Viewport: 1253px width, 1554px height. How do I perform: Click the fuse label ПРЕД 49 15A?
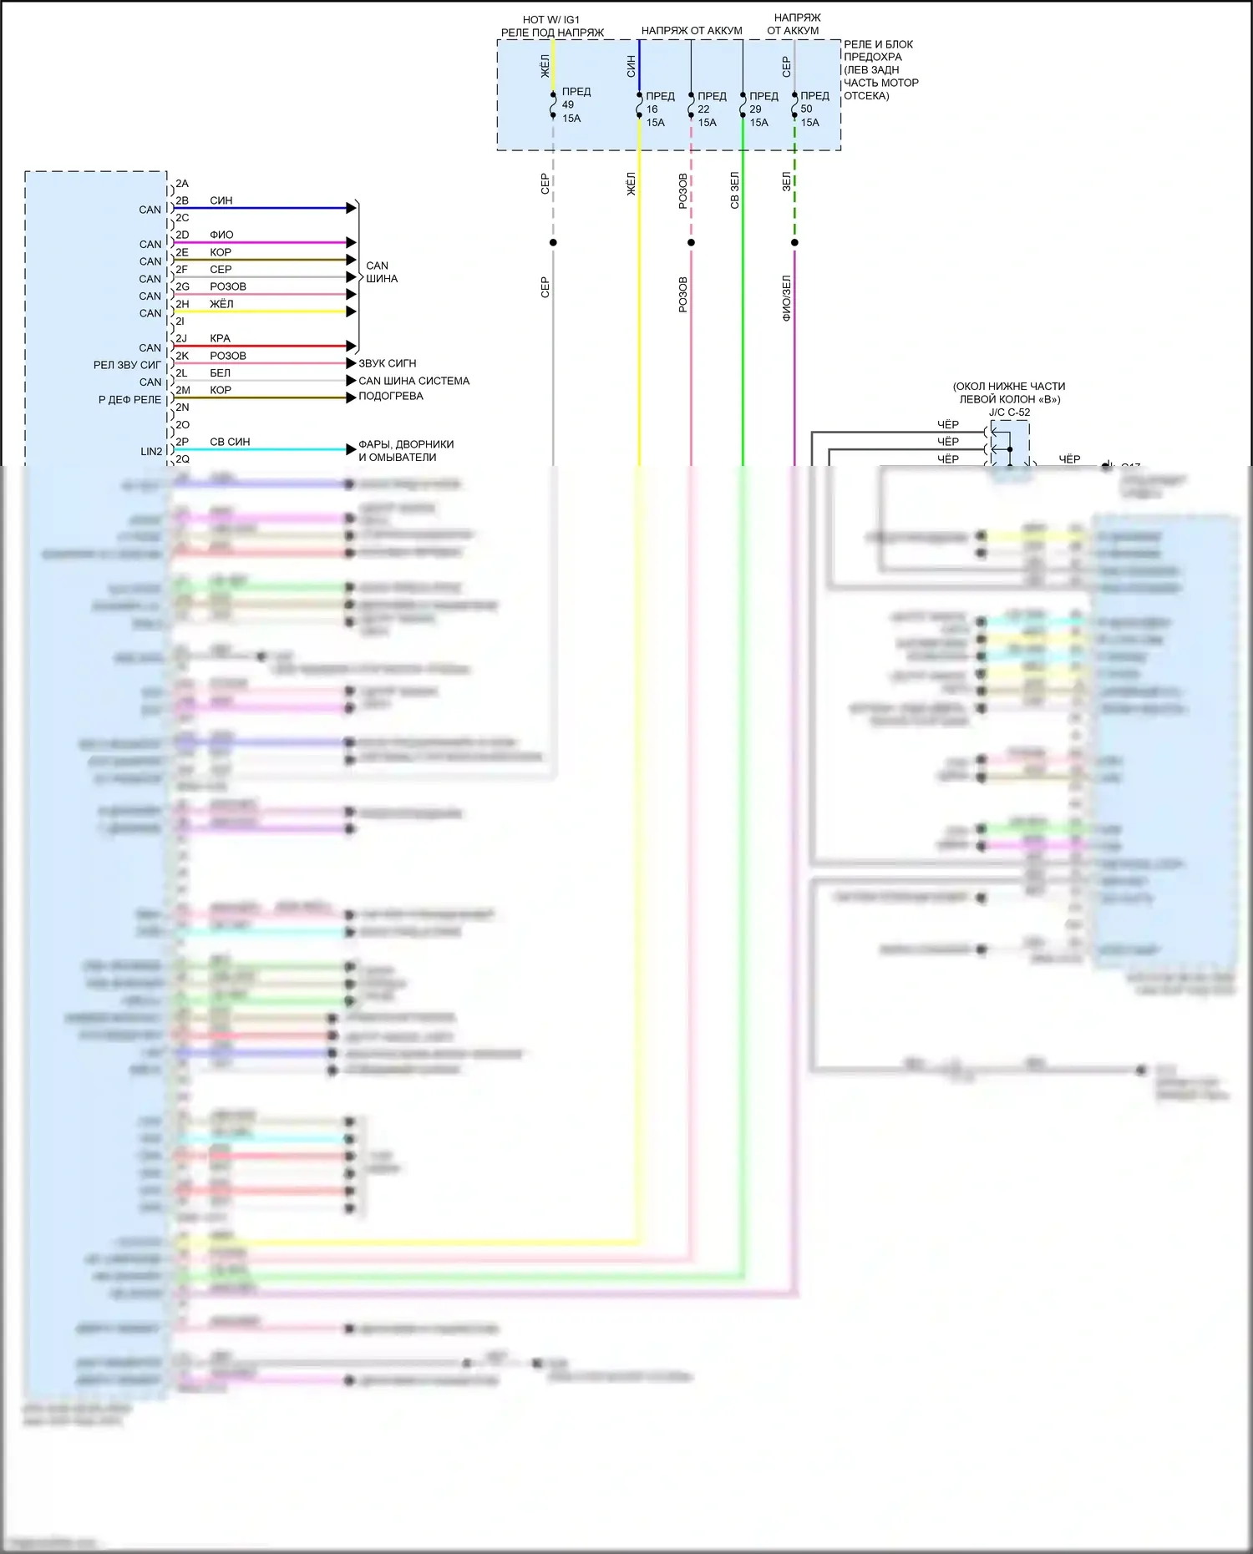click(575, 105)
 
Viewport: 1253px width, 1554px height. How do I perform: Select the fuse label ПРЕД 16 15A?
click(659, 109)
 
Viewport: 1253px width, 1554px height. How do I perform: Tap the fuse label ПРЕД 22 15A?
click(711, 109)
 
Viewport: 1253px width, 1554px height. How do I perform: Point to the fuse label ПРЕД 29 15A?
click(763, 109)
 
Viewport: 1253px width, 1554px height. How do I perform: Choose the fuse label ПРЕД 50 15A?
click(814, 109)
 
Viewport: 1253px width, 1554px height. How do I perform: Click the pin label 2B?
click(182, 200)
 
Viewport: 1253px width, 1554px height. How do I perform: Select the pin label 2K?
click(182, 356)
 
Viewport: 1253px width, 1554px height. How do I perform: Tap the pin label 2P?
click(182, 442)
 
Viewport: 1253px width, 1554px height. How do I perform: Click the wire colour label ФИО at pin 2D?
click(221, 235)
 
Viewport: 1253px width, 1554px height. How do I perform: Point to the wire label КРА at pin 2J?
click(220, 338)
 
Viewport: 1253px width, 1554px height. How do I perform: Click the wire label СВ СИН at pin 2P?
click(230, 442)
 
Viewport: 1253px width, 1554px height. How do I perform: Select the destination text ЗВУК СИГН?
click(387, 363)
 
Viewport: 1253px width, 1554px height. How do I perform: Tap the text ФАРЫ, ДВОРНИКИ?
click(406, 444)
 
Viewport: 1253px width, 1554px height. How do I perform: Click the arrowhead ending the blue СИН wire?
click(352, 208)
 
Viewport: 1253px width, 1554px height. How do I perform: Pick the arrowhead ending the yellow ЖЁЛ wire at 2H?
click(352, 311)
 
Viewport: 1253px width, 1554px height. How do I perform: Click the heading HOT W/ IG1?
click(550, 19)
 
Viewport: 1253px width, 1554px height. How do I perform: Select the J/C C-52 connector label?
click(1009, 413)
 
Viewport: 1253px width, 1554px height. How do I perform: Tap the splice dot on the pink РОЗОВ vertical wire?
click(691, 243)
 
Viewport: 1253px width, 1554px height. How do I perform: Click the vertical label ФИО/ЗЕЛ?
click(786, 298)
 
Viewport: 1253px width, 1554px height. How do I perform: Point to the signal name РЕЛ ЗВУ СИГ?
click(127, 365)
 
